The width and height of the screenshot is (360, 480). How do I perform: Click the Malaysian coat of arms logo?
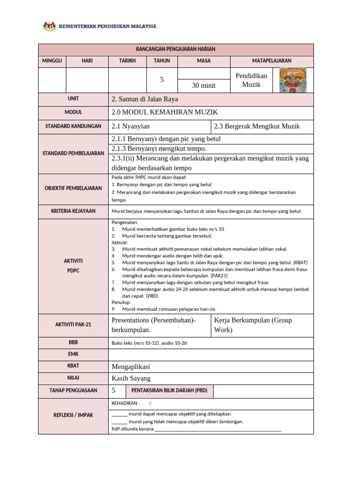click(49, 26)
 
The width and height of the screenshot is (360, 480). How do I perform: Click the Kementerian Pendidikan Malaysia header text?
click(107, 27)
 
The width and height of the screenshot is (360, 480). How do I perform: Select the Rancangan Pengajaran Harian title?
click(176, 49)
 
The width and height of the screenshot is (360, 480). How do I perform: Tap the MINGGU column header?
click(52, 61)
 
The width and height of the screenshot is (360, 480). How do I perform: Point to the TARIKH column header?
click(127, 61)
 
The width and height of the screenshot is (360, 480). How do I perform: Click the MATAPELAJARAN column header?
click(271, 61)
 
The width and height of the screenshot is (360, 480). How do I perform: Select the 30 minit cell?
click(204, 85)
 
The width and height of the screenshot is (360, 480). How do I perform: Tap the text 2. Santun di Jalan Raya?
click(145, 99)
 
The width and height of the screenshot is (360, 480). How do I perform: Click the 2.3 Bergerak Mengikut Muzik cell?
click(256, 126)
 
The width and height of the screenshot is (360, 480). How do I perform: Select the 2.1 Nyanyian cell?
click(131, 126)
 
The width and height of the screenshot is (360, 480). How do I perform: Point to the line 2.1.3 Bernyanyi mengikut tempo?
click(159, 149)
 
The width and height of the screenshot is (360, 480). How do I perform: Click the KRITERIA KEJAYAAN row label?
click(73, 211)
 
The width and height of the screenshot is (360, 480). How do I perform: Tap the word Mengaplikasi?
click(131, 367)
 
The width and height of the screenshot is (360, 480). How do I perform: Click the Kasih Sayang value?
click(131, 378)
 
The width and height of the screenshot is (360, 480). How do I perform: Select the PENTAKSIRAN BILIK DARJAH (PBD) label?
click(169, 390)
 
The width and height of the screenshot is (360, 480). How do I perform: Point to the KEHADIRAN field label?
click(125, 403)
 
